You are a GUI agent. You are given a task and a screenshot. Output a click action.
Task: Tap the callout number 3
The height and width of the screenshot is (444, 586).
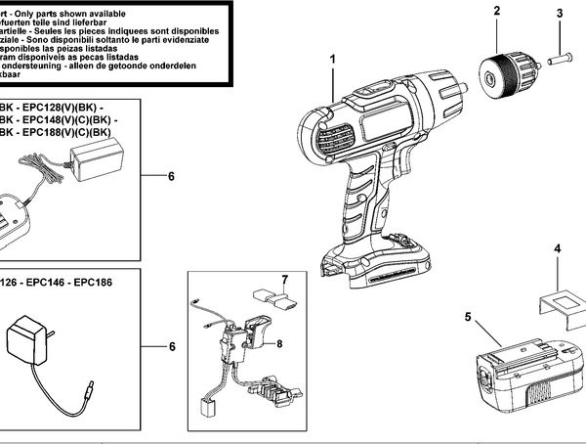point(560,14)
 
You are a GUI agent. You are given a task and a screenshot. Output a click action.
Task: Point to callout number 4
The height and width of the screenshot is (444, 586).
point(558,250)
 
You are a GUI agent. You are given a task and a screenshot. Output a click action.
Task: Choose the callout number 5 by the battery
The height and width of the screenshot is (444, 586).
point(468,316)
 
